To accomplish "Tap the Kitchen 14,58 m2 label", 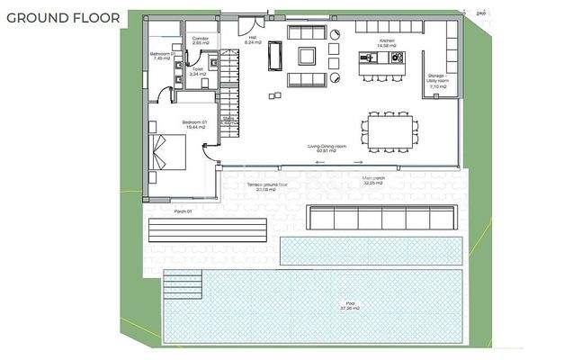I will coord(387,43).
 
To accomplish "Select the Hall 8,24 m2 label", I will coord(252,41).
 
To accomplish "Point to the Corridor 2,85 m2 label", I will coord(200,41).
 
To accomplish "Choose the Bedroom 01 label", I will coord(195,124).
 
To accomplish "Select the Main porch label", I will coord(374,180).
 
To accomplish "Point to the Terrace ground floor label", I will coord(267,187).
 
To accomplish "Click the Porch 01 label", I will coord(183,211).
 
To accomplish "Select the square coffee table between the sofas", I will coord(308,58).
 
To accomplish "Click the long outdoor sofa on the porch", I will coord(380,217).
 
